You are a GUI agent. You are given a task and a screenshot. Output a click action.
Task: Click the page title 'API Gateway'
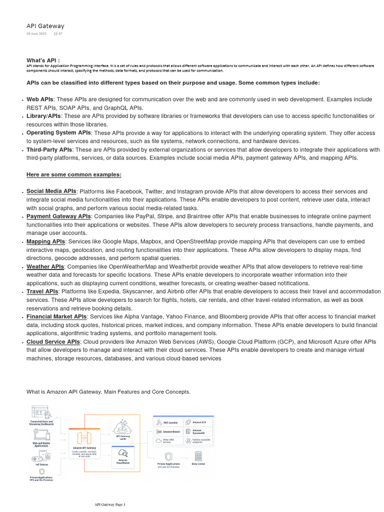click(45, 26)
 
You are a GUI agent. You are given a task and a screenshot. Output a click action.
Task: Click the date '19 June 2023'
click(36, 33)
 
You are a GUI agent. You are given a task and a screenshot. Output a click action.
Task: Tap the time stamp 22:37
click(58, 33)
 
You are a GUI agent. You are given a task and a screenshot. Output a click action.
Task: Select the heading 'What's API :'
click(43, 60)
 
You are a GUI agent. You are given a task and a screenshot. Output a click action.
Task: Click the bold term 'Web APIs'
click(39, 99)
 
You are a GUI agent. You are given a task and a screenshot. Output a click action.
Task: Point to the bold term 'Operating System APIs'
click(58, 133)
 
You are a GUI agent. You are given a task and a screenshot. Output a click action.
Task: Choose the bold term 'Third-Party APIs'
click(49, 150)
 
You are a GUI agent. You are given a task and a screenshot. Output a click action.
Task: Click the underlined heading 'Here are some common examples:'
click(73, 174)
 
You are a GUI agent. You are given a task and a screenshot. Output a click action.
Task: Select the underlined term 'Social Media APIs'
click(51, 191)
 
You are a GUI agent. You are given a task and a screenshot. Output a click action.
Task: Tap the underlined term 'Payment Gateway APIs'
click(58, 216)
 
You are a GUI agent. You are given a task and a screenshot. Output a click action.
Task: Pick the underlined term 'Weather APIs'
click(45, 267)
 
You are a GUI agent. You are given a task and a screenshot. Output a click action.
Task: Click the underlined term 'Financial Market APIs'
click(56, 317)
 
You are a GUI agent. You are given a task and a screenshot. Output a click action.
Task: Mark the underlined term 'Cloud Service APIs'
click(53, 342)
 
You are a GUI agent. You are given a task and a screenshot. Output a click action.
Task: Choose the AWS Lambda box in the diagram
click(168, 422)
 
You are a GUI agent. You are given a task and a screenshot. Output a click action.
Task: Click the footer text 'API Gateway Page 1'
click(110, 504)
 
